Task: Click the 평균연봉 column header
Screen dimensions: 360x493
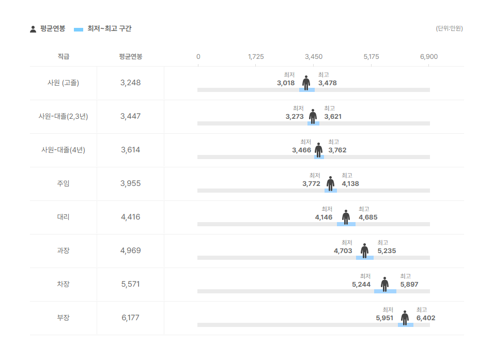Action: click(130, 56)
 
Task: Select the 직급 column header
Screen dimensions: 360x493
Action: click(63, 56)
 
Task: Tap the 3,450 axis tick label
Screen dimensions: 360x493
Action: click(314, 56)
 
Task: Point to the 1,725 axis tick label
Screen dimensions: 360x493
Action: click(256, 56)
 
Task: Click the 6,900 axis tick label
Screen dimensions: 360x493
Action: click(429, 56)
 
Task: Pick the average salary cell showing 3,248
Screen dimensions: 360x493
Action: click(130, 83)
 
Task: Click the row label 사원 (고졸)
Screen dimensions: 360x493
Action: click(63, 83)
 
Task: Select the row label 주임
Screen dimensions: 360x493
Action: click(63, 183)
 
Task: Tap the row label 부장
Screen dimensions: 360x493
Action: click(63, 318)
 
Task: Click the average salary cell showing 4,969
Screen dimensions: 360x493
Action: click(130, 251)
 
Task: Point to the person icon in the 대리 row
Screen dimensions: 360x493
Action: click(346, 217)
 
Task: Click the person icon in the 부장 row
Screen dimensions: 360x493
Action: click(405, 318)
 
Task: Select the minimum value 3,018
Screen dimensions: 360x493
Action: click(286, 83)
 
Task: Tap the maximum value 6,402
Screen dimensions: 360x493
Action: click(426, 318)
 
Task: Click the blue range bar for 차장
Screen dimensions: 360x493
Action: click(385, 291)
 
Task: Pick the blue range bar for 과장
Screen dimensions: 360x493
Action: click(364, 258)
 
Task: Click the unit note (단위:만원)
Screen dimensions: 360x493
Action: click(449, 28)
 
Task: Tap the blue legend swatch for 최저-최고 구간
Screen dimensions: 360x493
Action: click(79, 29)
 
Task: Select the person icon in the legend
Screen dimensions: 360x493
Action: click(33, 29)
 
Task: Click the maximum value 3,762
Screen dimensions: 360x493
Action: click(337, 150)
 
